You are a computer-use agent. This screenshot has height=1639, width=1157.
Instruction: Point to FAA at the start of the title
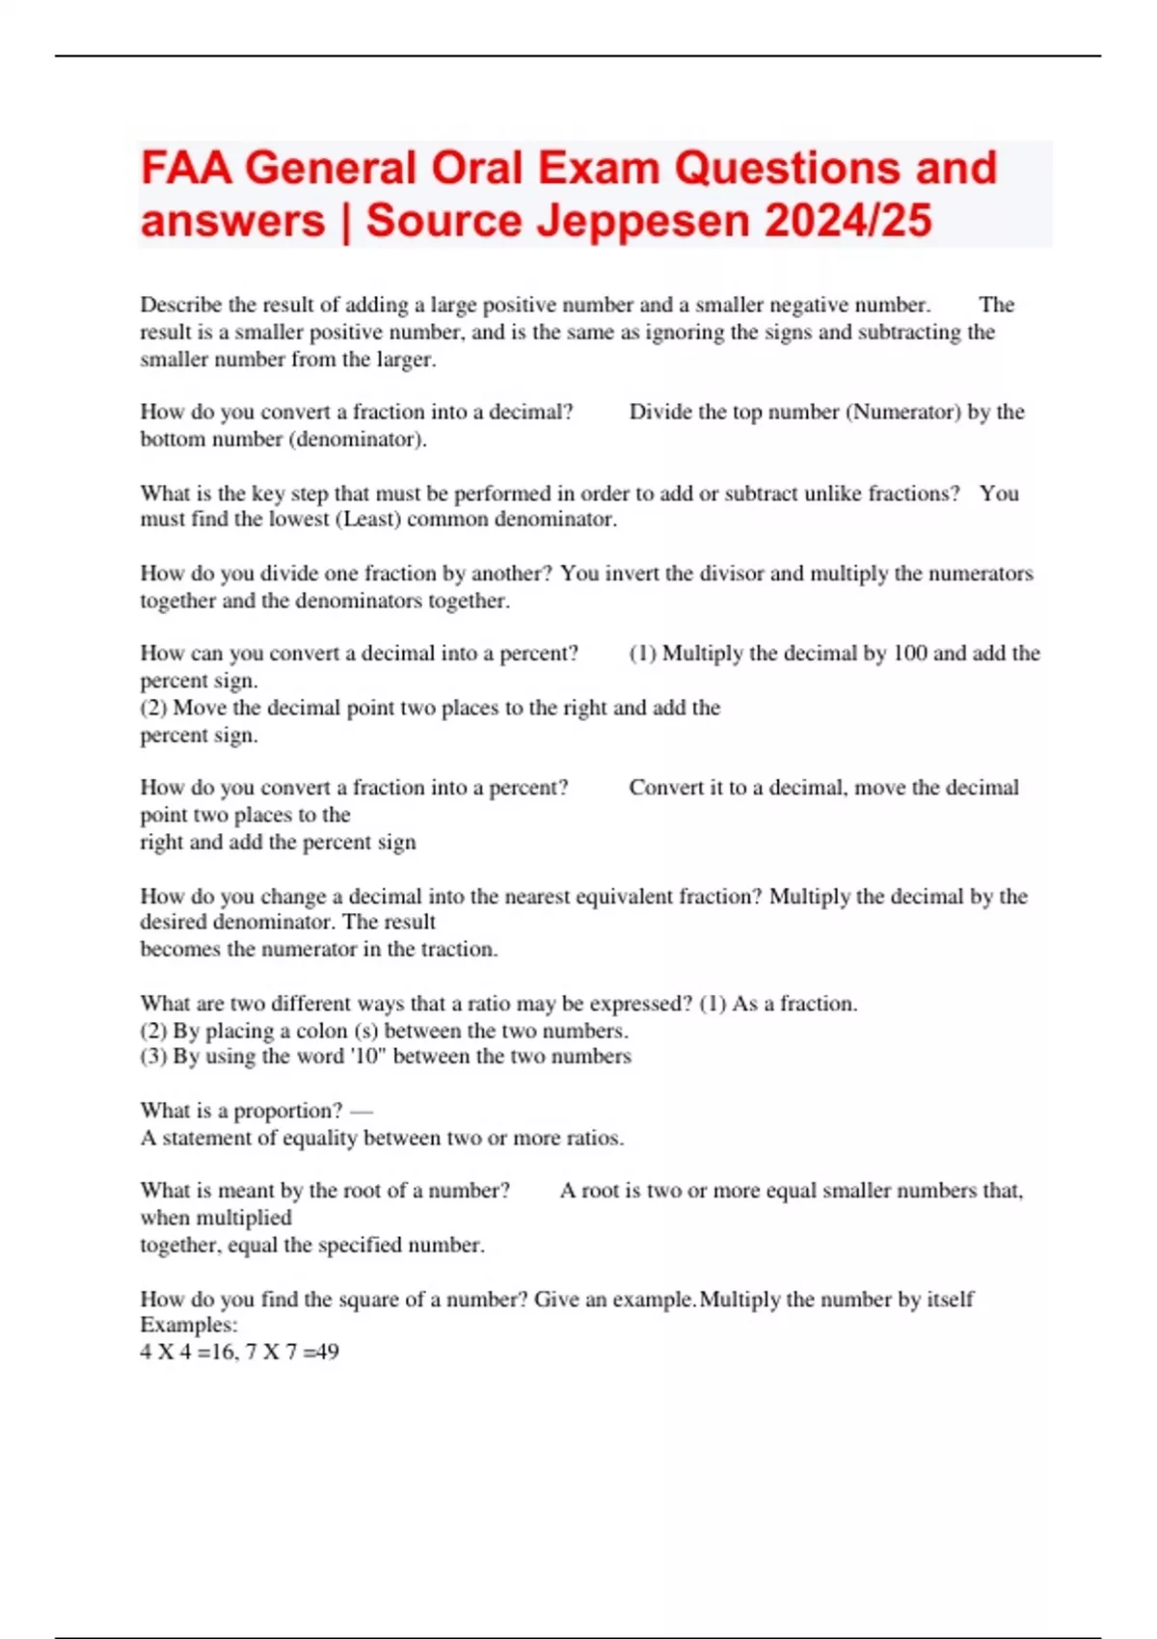pyautogui.click(x=186, y=168)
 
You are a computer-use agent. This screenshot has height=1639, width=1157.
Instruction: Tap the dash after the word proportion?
pyautogui.click(x=362, y=1111)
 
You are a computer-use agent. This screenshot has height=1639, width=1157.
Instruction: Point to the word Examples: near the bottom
pyautogui.click(x=189, y=1325)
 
